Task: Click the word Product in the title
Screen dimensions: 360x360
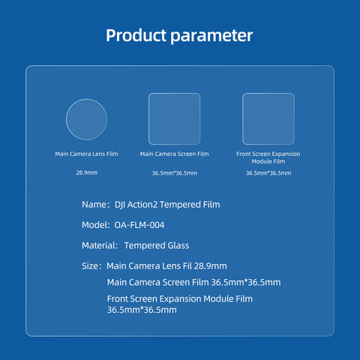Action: [136, 35]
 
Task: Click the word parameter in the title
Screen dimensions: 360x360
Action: [211, 37]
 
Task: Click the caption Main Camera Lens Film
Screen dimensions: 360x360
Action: [86, 154]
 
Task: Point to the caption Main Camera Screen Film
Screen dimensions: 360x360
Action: [174, 154]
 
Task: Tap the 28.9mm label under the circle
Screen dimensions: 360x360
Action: [87, 172]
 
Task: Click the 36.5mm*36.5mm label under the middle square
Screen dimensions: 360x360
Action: [175, 173]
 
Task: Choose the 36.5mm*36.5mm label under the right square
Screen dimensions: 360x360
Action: [268, 173]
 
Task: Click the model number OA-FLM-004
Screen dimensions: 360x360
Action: [139, 225]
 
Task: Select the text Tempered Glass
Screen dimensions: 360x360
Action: [157, 245]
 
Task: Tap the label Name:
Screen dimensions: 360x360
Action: [96, 205]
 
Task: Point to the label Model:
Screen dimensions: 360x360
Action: [96, 225]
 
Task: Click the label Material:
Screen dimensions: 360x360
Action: [100, 245]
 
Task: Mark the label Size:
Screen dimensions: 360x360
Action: [91, 266]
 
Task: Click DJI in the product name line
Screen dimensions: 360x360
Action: [120, 205]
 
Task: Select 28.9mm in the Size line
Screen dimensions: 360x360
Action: [210, 266]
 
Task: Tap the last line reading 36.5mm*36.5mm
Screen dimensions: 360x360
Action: [142, 310]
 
